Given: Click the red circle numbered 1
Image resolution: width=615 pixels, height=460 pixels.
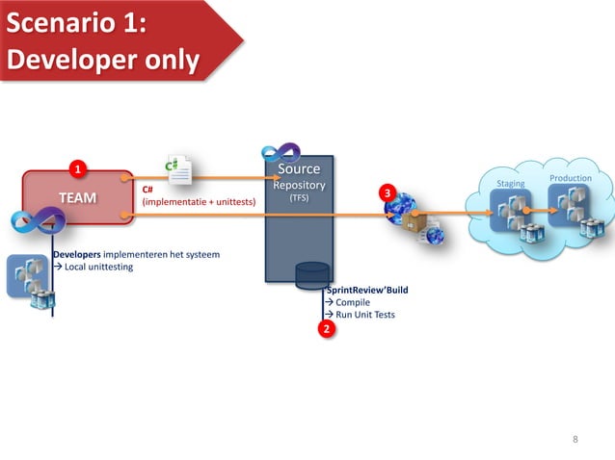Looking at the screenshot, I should click(x=79, y=171).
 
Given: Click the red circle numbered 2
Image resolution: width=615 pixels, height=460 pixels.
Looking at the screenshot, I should click(x=326, y=329).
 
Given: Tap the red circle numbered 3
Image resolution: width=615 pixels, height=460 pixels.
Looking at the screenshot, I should click(x=387, y=193).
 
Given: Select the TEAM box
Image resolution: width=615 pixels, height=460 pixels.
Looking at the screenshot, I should click(x=77, y=197).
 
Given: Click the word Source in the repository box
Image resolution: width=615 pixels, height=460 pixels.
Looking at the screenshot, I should click(x=298, y=169).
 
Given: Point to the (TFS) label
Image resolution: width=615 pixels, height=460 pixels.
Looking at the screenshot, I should click(x=299, y=198).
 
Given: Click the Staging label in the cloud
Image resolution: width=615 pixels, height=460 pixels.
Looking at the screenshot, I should click(x=510, y=183).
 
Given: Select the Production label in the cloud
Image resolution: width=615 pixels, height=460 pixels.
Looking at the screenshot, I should click(x=570, y=178).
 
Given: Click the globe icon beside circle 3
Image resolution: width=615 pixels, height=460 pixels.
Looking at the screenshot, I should click(x=403, y=209).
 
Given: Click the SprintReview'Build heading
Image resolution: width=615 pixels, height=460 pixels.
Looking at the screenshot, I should click(x=361, y=289).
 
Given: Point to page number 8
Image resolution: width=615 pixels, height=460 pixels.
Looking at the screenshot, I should click(x=575, y=440).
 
